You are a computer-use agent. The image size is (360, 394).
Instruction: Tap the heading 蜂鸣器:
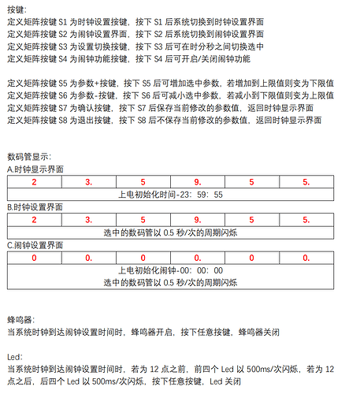[20, 320]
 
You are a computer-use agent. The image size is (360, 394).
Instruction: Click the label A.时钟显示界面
[35, 169]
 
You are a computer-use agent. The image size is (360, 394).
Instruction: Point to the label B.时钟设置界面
[35, 206]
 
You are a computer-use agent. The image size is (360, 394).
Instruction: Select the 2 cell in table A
[34, 181]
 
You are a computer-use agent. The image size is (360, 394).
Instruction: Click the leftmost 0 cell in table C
[34, 256]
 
